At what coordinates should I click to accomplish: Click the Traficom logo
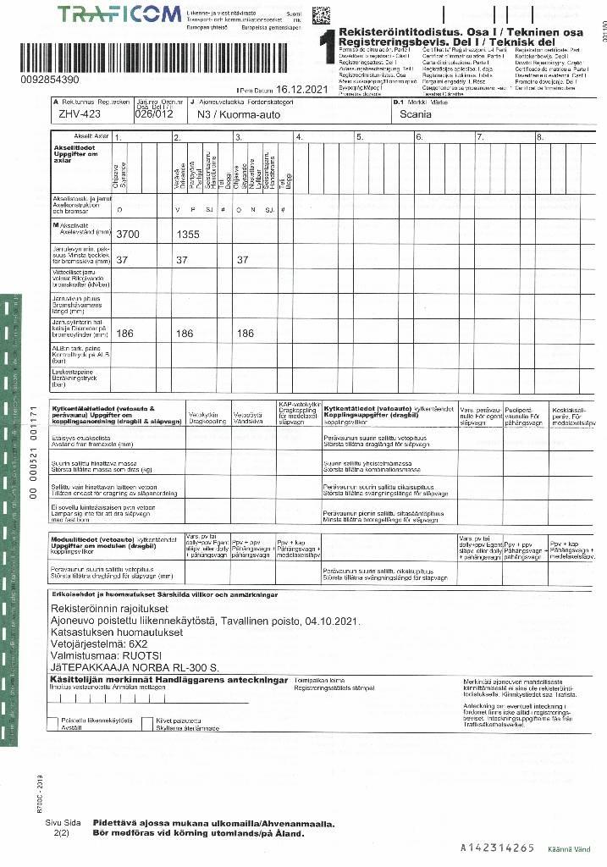pyautogui.click(x=119, y=14)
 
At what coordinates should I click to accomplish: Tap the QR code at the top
pyautogui.click(x=321, y=15)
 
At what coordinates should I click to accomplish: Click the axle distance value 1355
pyautogui.click(x=192, y=234)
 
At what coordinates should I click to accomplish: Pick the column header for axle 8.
pyautogui.click(x=539, y=137)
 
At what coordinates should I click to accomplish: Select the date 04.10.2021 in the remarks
pyautogui.click(x=336, y=621)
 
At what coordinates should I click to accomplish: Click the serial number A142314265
pyautogui.click(x=498, y=848)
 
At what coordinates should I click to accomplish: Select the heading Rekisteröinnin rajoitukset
pyautogui.click(x=117, y=609)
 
